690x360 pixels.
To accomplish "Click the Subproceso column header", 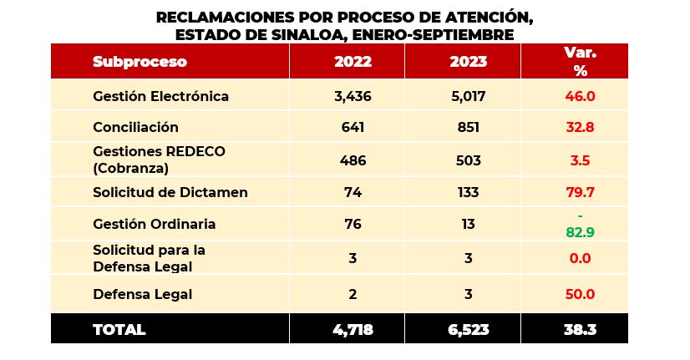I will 140,62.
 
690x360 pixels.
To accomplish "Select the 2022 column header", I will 353,62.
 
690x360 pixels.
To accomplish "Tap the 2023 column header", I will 468,62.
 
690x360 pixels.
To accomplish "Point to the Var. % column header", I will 580,62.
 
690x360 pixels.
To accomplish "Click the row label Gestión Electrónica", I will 160,96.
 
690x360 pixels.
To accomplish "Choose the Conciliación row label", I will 135,127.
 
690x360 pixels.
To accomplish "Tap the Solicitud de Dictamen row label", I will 170,192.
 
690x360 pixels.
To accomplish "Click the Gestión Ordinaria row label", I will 154,224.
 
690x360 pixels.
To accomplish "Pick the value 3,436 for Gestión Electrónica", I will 352,96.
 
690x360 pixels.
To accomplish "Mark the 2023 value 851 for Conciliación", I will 468,127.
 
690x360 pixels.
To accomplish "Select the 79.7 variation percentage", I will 580,192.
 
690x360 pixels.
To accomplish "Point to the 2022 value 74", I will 352,192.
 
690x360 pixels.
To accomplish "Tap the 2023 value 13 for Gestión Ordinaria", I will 468,224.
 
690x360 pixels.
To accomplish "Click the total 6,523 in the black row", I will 468,329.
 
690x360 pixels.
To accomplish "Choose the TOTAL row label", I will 119,329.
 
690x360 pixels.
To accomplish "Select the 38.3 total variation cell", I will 580,329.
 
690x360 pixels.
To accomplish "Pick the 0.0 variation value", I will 580,258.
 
